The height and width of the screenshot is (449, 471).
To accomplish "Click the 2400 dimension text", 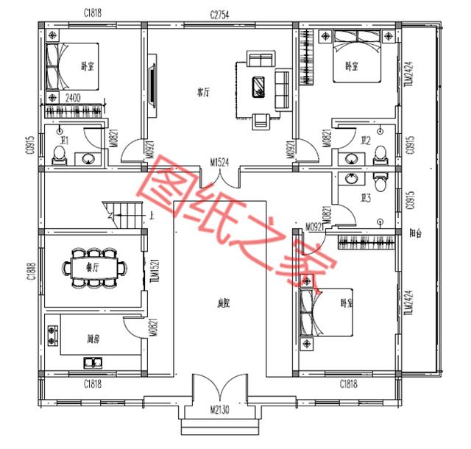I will tap(73, 97).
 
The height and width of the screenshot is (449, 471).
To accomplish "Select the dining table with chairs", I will tap(92, 266).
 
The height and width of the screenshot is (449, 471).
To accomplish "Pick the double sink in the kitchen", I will tap(93, 361).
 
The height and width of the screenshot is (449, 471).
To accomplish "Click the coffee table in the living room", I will tap(259, 86).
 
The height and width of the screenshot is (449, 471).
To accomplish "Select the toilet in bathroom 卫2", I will tap(380, 153).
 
